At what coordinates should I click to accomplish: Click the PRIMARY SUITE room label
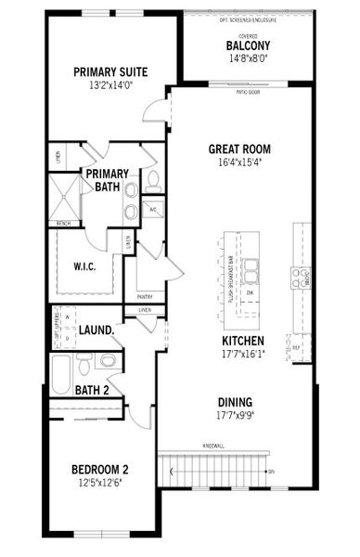106,71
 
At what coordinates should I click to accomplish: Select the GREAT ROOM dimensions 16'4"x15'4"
238,161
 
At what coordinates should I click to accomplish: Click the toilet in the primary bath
153,178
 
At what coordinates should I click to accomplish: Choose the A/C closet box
152,209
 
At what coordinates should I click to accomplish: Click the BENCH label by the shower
64,224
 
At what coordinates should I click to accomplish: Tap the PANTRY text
144,297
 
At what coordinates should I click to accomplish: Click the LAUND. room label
96,330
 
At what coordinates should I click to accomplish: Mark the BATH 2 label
93,390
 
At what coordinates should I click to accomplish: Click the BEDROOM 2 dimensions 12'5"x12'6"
99,482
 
